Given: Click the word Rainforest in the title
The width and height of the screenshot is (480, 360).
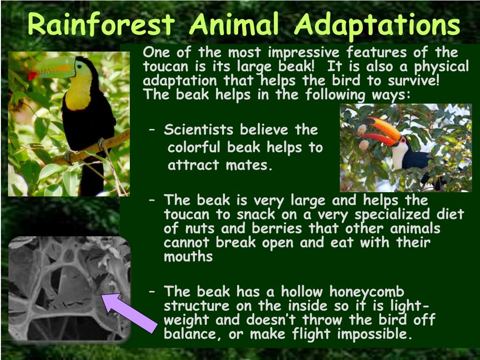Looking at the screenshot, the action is pyautogui.click(x=101, y=24).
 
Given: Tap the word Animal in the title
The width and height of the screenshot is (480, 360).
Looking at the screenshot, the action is pyautogui.click(x=234, y=24).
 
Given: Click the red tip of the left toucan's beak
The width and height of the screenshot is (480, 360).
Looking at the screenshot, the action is pyautogui.click(x=31, y=75).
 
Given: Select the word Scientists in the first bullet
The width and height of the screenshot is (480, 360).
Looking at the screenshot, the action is pyautogui.click(x=198, y=130).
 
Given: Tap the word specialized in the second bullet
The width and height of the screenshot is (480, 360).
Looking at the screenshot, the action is pyautogui.click(x=392, y=215).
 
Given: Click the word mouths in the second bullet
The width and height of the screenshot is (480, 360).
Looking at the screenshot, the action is pyautogui.click(x=188, y=256).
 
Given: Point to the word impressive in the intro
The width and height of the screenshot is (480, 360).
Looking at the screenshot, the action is pyautogui.click(x=304, y=53).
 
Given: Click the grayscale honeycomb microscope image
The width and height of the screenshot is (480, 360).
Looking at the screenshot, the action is pyautogui.click(x=69, y=288).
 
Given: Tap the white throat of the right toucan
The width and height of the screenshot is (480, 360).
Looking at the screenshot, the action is pyautogui.click(x=400, y=155).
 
